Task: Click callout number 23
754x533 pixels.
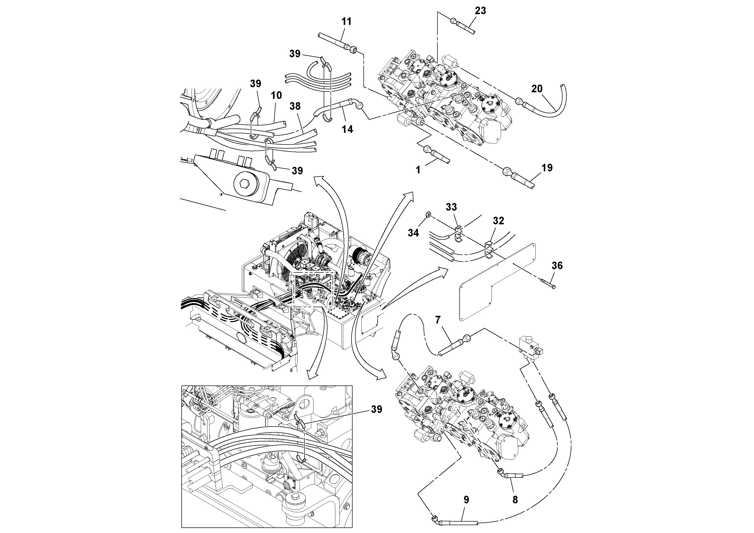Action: tap(480, 11)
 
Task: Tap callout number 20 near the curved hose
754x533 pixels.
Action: tap(537, 89)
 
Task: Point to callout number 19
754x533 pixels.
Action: tap(547, 168)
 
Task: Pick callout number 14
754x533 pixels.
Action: tap(347, 130)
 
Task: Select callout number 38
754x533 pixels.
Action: tap(295, 106)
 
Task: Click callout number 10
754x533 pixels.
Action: tap(276, 95)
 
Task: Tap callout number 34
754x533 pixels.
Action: tap(413, 233)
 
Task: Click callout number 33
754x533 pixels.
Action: tap(451, 207)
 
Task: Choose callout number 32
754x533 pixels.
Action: tap(498, 221)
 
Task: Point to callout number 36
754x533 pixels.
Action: tap(557, 266)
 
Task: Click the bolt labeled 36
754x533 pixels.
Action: tap(547, 283)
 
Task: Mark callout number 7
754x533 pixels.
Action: tap(437, 320)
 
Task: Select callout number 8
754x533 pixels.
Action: tap(515, 500)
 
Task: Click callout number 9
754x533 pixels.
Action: tap(466, 500)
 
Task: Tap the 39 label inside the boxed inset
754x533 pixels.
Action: tap(377, 409)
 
